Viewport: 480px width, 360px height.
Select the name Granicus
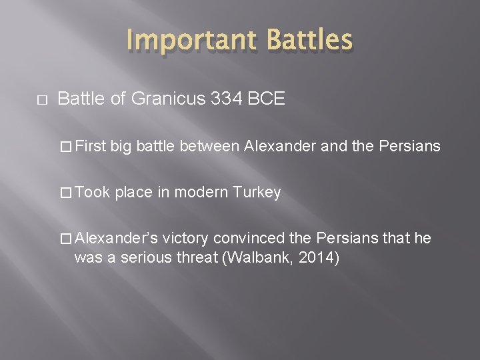[x=169, y=100]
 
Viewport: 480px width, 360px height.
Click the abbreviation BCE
[x=267, y=100]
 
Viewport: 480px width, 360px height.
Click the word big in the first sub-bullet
[x=122, y=146]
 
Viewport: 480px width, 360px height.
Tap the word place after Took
[x=133, y=193]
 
